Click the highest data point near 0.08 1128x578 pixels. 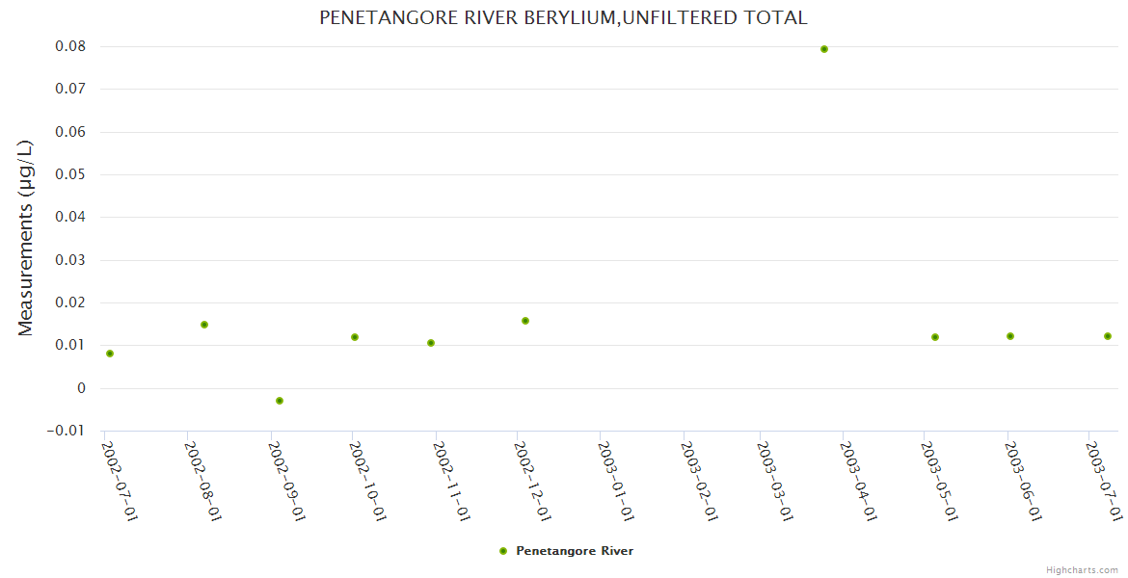point(824,49)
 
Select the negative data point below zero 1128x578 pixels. point(280,401)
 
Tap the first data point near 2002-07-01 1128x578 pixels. point(110,354)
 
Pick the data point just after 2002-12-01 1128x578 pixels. point(525,321)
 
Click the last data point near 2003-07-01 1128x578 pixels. point(1108,336)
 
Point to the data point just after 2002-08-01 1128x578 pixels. point(204,325)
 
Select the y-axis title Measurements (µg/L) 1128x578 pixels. point(26,238)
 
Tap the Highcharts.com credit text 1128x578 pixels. point(1083,570)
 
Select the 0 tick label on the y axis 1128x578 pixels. point(81,388)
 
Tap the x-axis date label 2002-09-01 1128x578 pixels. point(286,481)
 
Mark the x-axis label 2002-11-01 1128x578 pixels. point(451,481)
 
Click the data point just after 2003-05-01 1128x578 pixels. point(935,337)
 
